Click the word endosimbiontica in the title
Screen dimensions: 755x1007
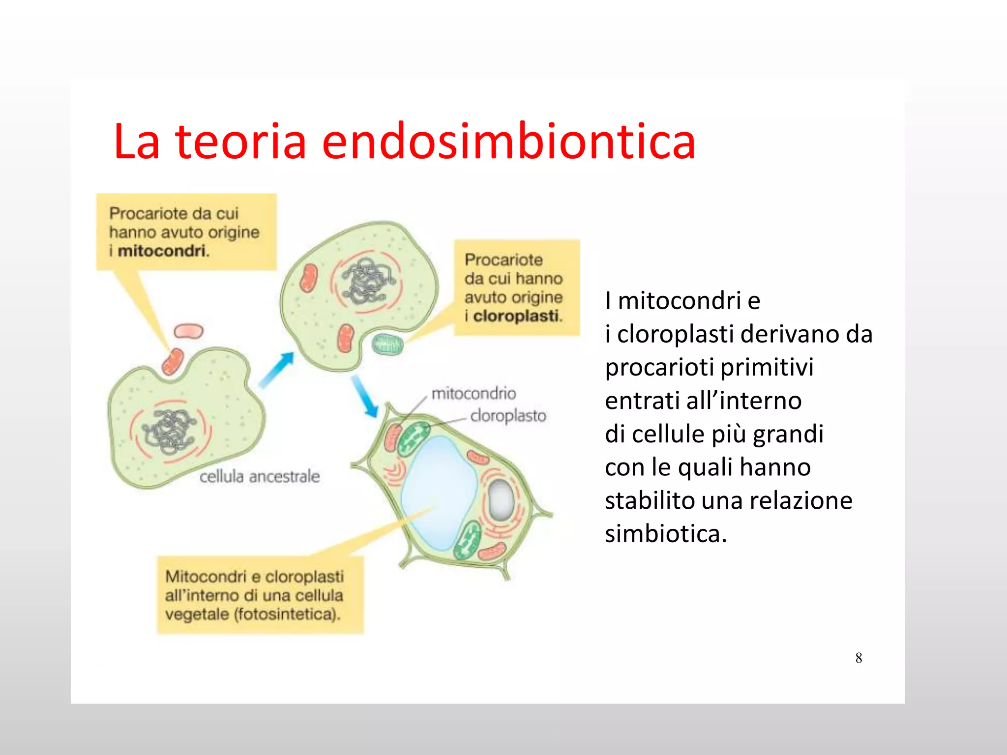[508, 143]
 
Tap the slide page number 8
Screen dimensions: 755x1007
[859, 658]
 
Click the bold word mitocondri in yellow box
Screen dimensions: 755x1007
[161, 251]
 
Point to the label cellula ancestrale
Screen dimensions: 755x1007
[259, 476]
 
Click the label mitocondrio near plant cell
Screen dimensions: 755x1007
[474, 393]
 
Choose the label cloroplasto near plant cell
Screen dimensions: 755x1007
[508, 416]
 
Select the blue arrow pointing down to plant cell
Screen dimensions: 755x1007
[364, 396]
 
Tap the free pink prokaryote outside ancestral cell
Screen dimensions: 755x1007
[189, 331]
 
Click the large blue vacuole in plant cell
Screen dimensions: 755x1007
[439, 492]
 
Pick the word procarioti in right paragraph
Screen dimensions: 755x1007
[659, 368]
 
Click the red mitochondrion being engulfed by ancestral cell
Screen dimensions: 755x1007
[173, 362]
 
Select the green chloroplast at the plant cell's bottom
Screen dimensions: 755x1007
[467, 540]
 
